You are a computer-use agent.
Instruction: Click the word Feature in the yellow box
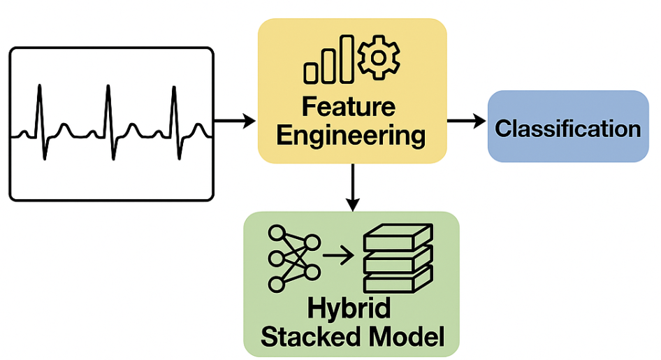click(348, 107)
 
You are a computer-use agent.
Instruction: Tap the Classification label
click(567, 129)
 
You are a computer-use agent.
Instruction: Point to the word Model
click(406, 337)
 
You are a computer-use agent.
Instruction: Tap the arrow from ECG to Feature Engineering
click(235, 123)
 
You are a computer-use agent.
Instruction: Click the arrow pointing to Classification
click(466, 122)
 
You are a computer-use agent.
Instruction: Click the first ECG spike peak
click(40, 86)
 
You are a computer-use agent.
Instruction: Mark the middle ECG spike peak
click(108, 86)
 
